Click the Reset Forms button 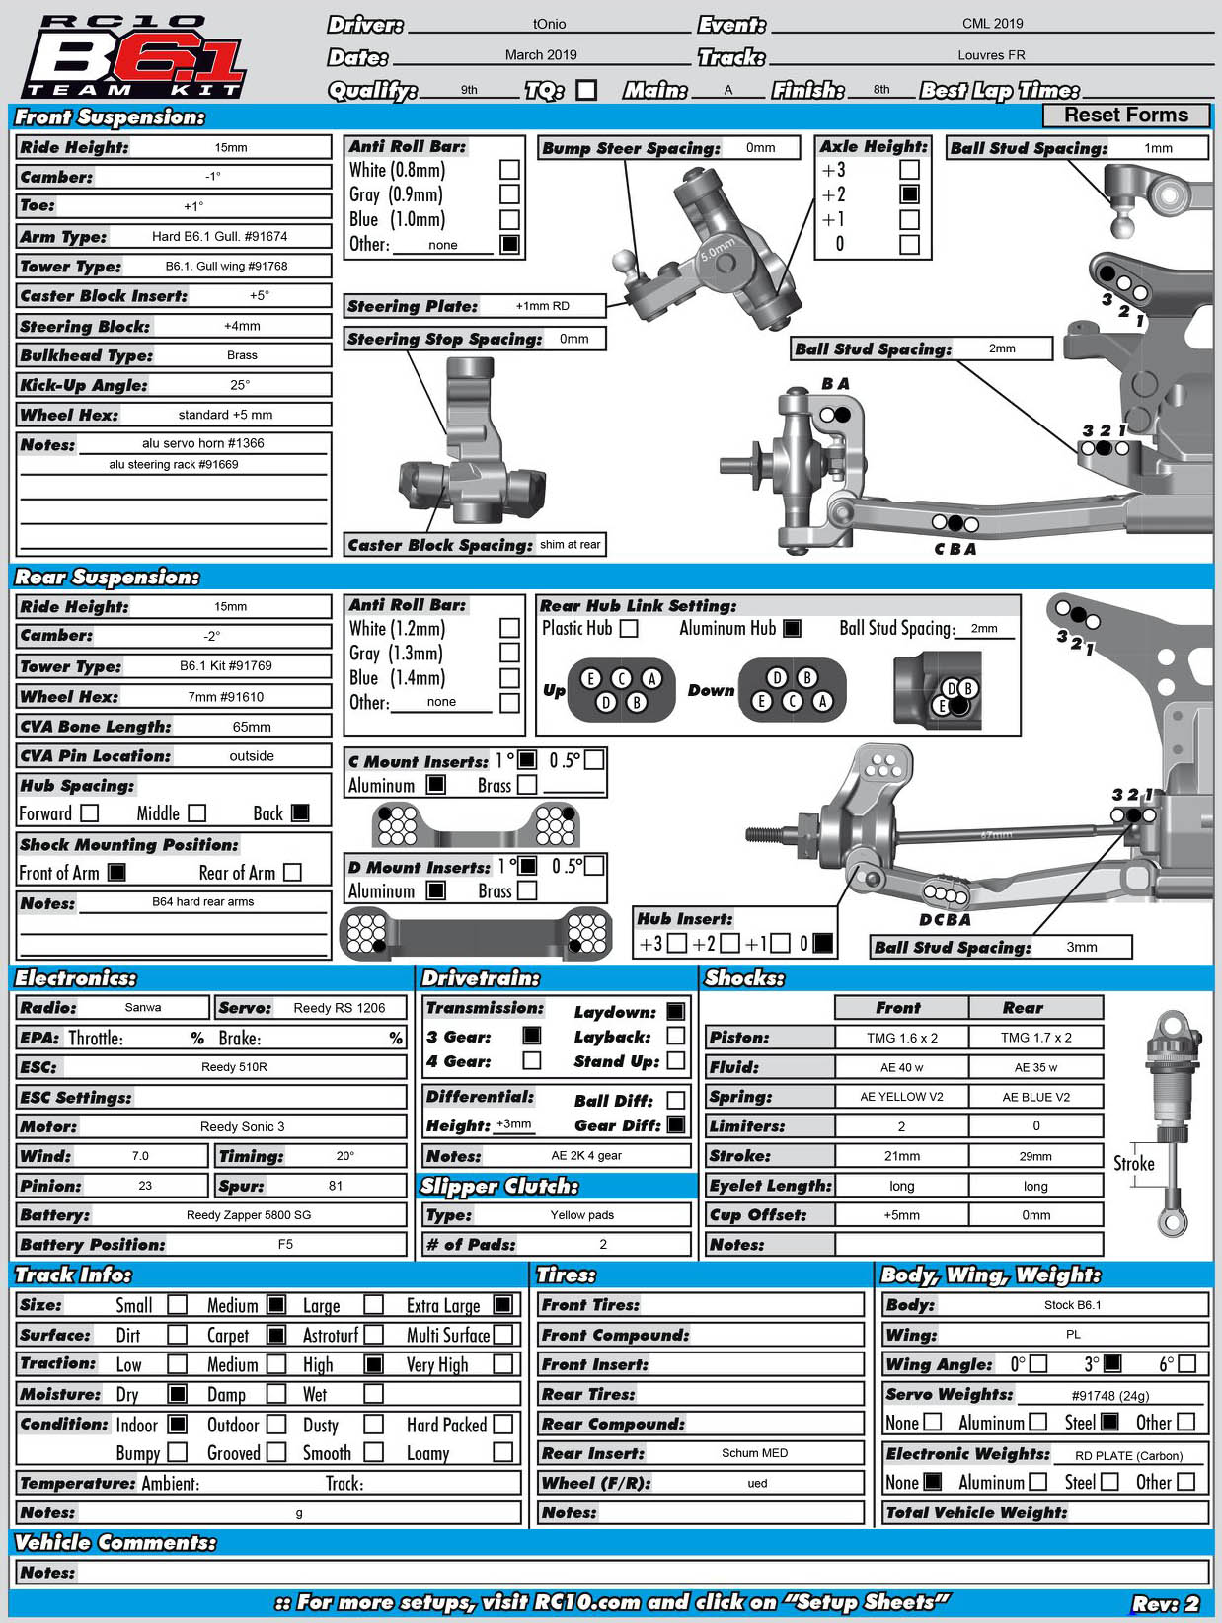pos(1125,116)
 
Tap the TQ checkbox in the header pos(586,90)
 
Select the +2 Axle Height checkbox pos(909,194)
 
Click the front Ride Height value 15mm pos(231,148)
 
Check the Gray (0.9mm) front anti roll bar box pos(509,194)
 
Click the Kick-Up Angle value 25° pos(240,385)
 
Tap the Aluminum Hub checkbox pos(792,628)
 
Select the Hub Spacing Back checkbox pos(300,812)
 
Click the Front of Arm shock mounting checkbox pos(116,872)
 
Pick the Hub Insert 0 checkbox pos(822,943)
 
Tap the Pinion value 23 pos(145,1186)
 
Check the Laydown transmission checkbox pos(675,1011)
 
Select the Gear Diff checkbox pos(675,1124)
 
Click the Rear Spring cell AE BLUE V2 pos(1035,1097)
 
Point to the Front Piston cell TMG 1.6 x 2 pos(901,1038)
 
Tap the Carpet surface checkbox pos(276,1335)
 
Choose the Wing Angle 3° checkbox pos(1111,1363)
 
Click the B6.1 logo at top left pos(133,57)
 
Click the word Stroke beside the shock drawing pos(1133,1163)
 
